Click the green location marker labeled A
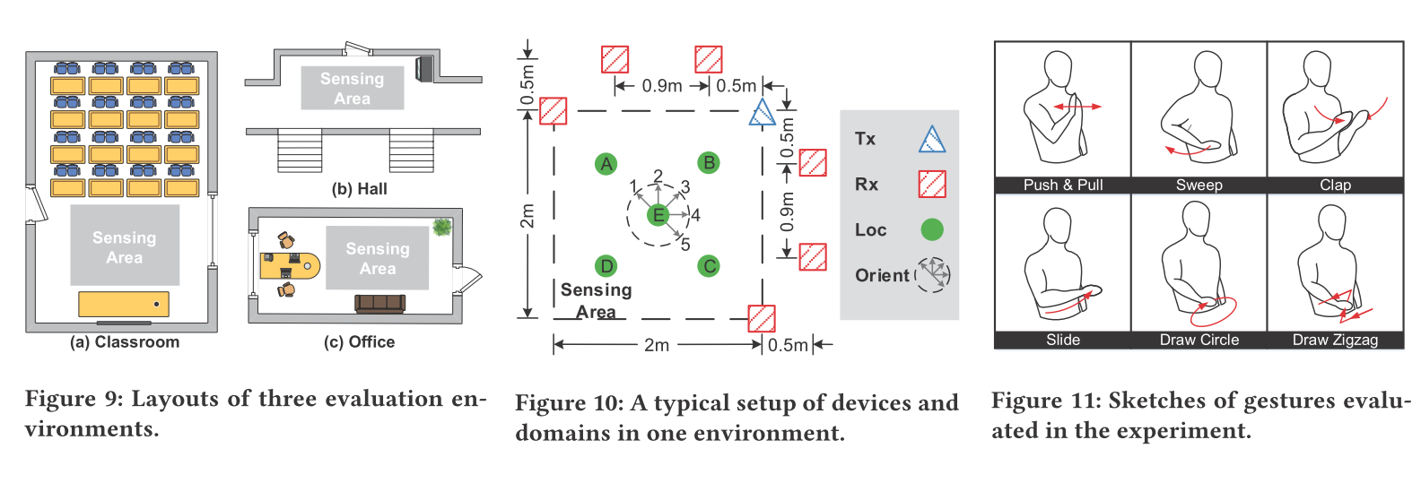pos(606,163)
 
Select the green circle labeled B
pos(709,162)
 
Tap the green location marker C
pos(709,265)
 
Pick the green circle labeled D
pos(606,265)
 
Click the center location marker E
pos(658,214)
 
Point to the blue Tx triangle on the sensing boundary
pos(762,113)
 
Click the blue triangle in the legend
pos(932,140)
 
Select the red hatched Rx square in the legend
pos(932,184)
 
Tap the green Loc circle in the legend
pos(932,229)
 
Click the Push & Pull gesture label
pos(1062,185)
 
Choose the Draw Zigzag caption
pos(1334,340)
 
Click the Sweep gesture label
pos(1199,185)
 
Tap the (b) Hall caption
pos(359,189)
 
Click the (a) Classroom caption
pos(125,342)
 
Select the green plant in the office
pos(441,227)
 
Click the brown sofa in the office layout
pos(379,303)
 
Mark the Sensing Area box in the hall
pos(352,88)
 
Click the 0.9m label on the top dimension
pos(662,86)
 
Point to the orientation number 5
pos(685,245)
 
